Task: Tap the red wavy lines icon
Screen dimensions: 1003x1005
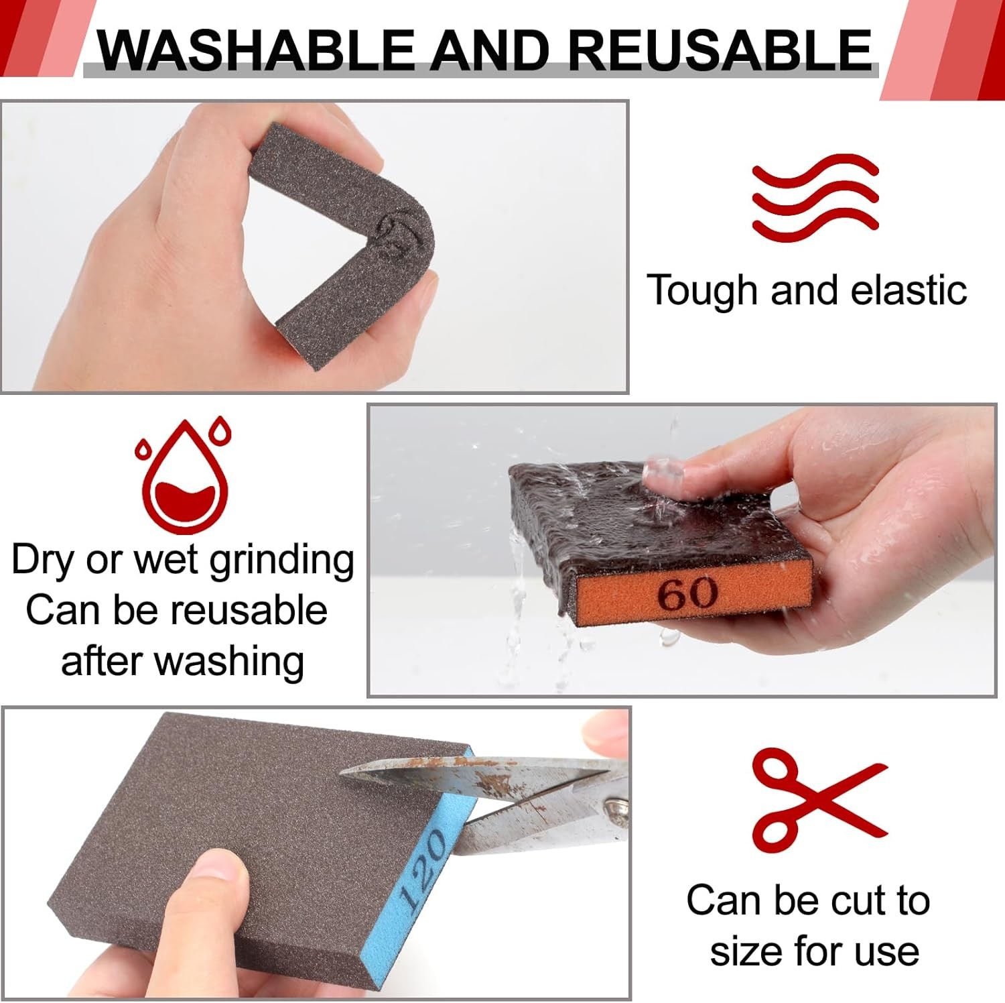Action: click(815, 197)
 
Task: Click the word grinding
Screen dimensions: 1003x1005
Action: click(281, 560)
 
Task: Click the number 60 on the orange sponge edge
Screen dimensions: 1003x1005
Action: click(687, 593)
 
